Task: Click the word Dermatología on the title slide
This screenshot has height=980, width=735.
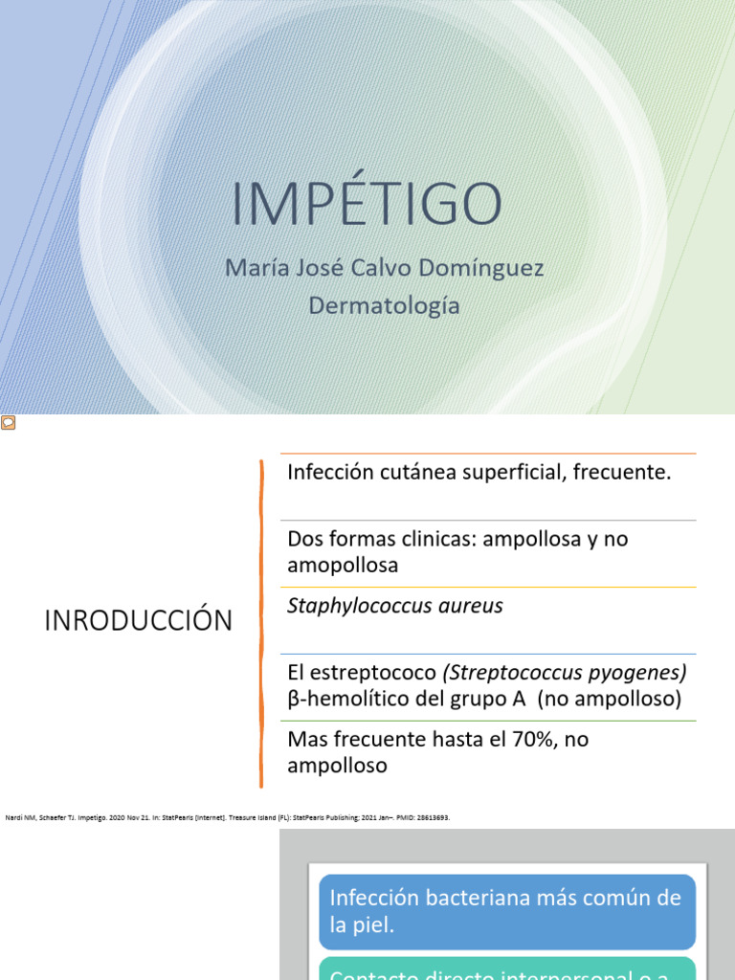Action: pos(384,306)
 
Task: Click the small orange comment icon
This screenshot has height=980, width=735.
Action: pos(8,423)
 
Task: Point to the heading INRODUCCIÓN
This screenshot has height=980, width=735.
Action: pos(138,621)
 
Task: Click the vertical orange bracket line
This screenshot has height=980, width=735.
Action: pos(261,622)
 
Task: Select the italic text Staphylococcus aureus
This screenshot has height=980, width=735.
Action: pos(395,606)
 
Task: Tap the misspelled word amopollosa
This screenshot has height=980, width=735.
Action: pos(343,565)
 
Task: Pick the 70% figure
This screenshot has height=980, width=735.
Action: pos(547,740)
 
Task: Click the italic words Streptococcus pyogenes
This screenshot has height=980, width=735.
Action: pos(565,673)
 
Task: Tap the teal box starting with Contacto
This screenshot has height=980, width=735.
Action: pos(506,969)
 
